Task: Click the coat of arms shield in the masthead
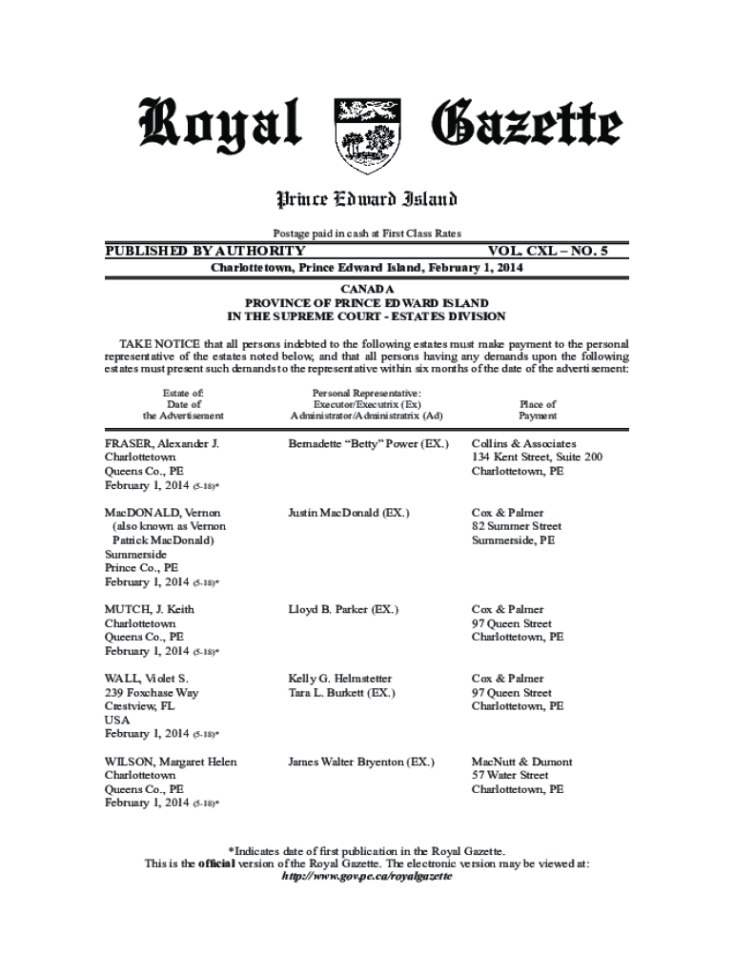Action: tap(366, 135)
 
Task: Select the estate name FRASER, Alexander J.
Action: tap(162, 443)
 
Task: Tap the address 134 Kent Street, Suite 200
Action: tap(537, 457)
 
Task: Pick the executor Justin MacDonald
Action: tap(349, 513)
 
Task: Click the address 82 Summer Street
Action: tap(517, 526)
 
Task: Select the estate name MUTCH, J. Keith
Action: tap(150, 609)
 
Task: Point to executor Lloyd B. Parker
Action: tap(343, 609)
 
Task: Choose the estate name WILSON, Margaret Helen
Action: tap(171, 762)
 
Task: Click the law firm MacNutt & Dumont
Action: tap(522, 762)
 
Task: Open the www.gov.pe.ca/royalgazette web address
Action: tap(366, 877)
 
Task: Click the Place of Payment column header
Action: tap(538, 410)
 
